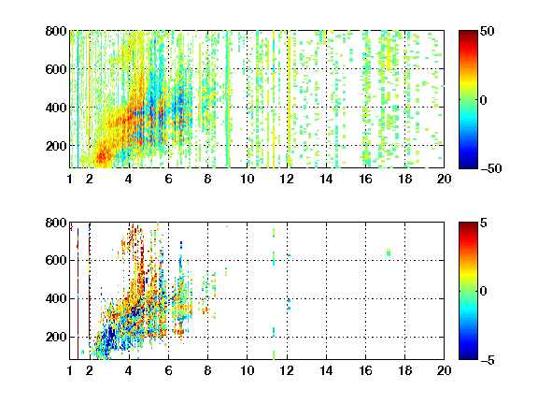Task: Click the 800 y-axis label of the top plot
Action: pyautogui.click(x=56, y=31)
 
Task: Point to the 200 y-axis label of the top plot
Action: pyautogui.click(x=56, y=146)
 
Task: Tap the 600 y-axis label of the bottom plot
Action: pyautogui.click(x=56, y=260)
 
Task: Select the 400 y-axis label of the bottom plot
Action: pyautogui.click(x=56, y=298)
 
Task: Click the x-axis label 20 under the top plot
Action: pyautogui.click(x=444, y=179)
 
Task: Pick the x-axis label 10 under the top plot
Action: pyautogui.click(x=247, y=179)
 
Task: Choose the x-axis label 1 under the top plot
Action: pyautogui.click(x=70, y=179)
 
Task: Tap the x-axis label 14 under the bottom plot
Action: pyautogui.click(x=326, y=370)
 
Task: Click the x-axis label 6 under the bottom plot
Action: pyautogui.click(x=168, y=370)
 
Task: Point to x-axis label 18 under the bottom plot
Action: pyautogui.click(x=404, y=370)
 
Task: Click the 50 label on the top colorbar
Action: pyautogui.click(x=488, y=31)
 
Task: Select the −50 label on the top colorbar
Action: pyautogui.click(x=490, y=168)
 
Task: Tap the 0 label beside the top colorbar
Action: pyautogui.click(x=484, y=100)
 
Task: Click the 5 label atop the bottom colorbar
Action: pyautogui.click(x=484, y=223)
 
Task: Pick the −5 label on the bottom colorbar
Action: pyautogui.click(x=488, y=360)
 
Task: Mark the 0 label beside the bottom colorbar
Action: pyautogui.click(x=484, y=292)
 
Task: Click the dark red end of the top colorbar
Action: pyautogui.click(x=468, y=34)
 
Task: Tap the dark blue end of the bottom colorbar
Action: pyautogui.click(x=468, y=356)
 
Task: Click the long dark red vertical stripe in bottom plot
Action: pyautogui.click(x=78, y=294)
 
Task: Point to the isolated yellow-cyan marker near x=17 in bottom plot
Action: pyautogui.click(x=389, y=252)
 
